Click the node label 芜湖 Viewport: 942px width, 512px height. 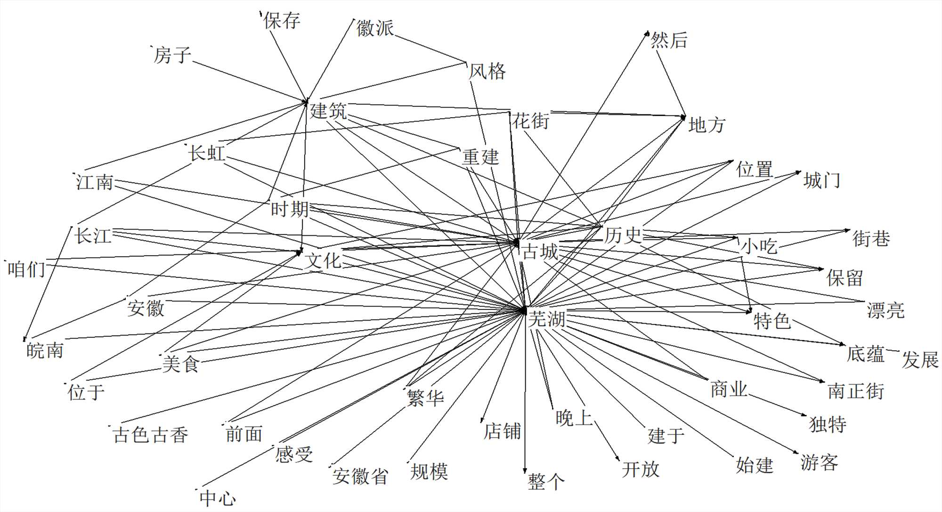[546, 319]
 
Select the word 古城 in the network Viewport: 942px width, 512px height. [540, 252]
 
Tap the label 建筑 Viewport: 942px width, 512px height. [328, 111]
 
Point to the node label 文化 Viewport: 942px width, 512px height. [323, 260]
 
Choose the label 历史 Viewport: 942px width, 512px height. [623, 235]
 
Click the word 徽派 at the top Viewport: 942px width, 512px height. [375, 28]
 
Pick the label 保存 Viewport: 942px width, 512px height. [282, 21]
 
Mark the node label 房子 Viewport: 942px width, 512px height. [172, 55]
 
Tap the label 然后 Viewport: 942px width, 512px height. [669, 40]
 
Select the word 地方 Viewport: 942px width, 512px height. [706, 125]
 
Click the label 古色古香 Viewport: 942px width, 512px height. [151, 434]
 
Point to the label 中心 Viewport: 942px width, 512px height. [218, 498]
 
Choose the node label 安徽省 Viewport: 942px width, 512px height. [360, 476]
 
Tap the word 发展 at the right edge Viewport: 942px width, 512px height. [920, 360]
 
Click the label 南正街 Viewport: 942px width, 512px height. [856, 391]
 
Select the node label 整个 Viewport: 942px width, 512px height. [546, 482]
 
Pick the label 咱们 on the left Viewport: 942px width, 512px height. [26, 269]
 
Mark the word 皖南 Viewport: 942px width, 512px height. [45, 350]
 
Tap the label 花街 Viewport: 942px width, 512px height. [531, 121]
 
